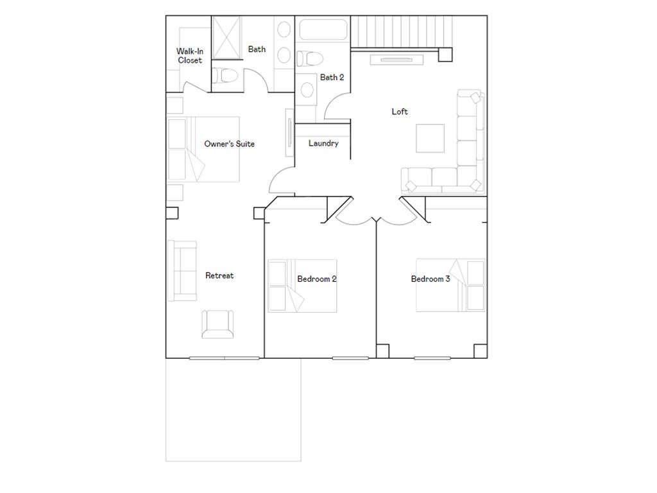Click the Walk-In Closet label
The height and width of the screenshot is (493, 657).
coord(189,56)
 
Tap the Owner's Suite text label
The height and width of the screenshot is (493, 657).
coord(229,144)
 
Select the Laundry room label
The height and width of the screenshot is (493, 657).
coord(323,143)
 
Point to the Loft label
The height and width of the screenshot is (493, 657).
coord(400,112)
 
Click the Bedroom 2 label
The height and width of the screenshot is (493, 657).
coord(317,279)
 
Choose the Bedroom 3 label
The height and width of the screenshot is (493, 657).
coord(431,279)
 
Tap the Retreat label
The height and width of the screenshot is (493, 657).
coord(219,276)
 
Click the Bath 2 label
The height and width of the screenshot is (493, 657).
coord(332,78)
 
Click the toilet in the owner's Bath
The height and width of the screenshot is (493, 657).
coord(226,76)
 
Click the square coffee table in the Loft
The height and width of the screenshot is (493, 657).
coord(430,138)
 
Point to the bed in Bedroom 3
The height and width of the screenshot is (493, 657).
coord(450,285)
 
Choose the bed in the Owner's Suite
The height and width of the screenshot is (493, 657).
coord(203,149)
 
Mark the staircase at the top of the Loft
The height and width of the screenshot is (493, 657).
coord(401,31)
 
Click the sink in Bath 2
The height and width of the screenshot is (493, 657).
coord(307,89)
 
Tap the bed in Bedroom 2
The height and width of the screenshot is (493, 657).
coord(302,286)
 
